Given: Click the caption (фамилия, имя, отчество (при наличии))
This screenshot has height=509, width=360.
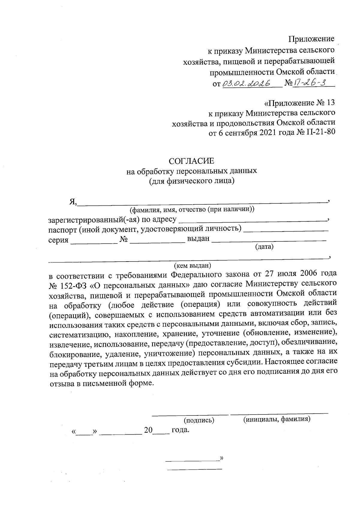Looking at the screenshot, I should pos(192,209).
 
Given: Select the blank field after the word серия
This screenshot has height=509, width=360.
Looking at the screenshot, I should pos(94,240).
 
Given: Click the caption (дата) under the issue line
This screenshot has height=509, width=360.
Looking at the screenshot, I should pos(264,247).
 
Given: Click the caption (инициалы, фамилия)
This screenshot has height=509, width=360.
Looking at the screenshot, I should pos(276,419).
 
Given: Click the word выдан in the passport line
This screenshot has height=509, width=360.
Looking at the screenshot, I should pos(198,239).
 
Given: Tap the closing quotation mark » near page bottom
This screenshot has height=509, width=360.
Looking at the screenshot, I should pos(222,458).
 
